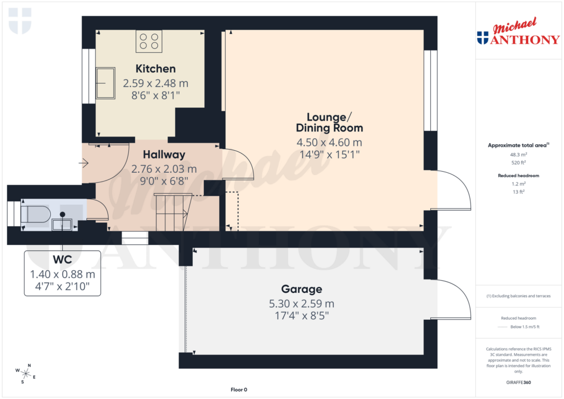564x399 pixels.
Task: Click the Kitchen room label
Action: [x=155, y=69]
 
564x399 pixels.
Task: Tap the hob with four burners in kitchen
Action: [x=149, y=41]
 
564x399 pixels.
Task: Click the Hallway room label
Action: [x=164, y=155]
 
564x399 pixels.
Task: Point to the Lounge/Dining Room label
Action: [x=329, y=122]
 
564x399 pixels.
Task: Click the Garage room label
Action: [x=301, y=289]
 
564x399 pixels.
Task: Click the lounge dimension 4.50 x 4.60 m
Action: [x=329, y=143]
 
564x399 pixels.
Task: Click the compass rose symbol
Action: [x=25, y=373]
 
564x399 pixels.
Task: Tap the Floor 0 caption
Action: [x=238, y=390]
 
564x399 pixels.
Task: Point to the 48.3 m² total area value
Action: [x=518, y=155]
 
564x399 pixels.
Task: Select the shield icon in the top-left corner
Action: [x=20, y=21]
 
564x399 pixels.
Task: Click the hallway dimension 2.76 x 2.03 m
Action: [x=164, y=168]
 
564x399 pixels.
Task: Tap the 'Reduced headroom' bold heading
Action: [x=518, y=176]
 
